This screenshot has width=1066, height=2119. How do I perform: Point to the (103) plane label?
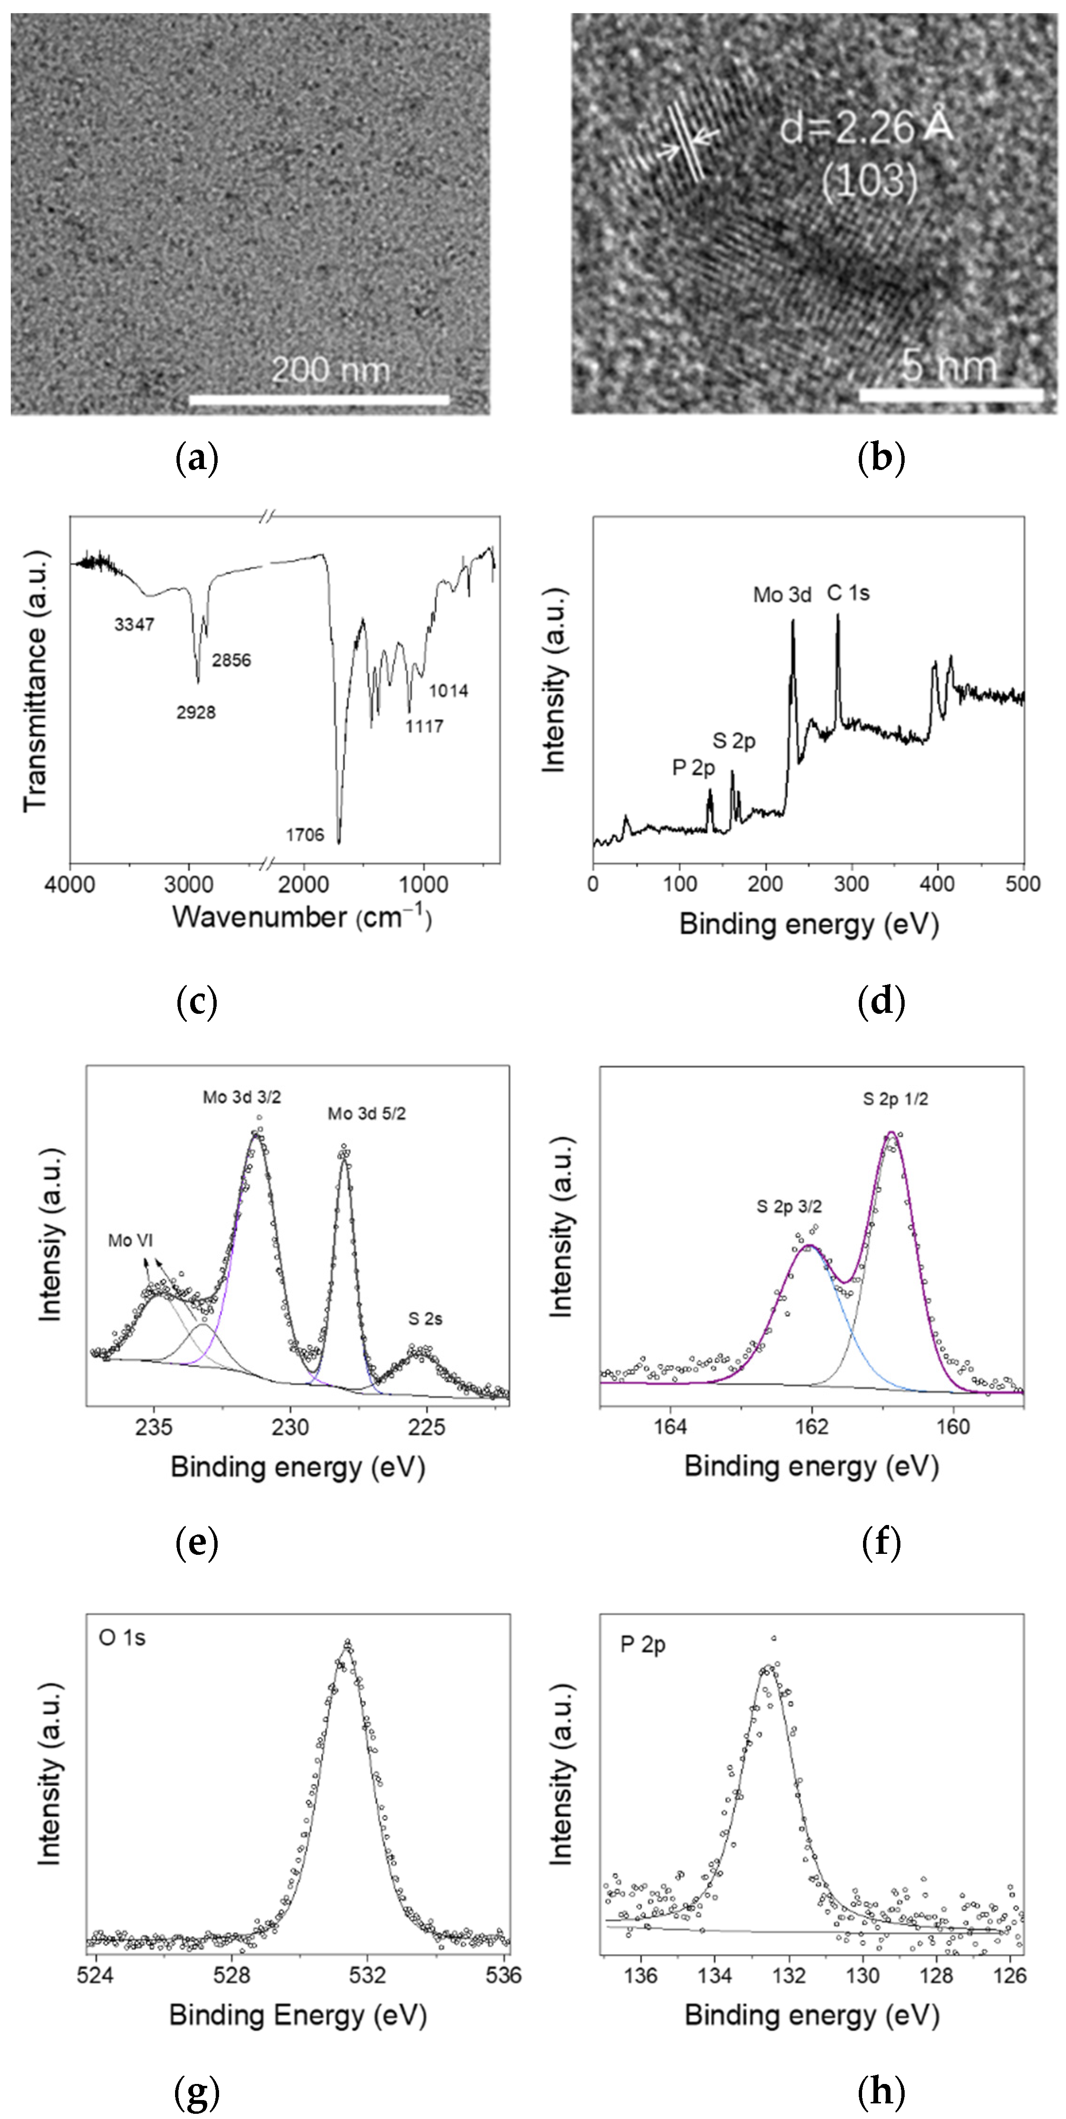870,179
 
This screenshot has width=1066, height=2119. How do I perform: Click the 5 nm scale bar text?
948,365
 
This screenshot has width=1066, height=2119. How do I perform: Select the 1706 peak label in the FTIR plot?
305,835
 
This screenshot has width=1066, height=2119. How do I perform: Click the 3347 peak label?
134,624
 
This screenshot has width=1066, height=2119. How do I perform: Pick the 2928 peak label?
196,712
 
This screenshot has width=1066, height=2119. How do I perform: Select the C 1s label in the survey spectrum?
848,593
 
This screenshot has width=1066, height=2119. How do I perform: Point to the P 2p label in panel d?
693,768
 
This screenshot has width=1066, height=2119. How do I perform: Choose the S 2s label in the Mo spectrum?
425,1319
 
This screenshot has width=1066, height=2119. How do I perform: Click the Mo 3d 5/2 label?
367,1114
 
